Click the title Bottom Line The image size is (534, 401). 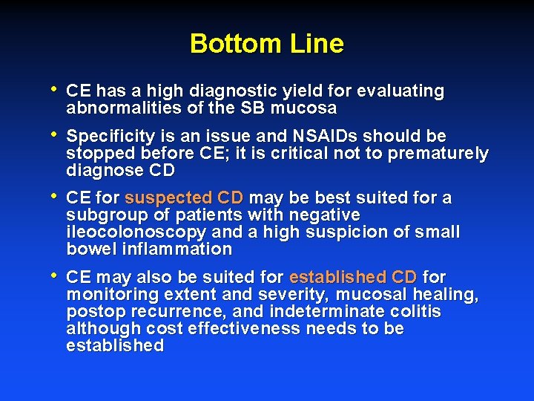[x=266, y=44]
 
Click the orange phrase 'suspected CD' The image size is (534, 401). [x=184, y=198]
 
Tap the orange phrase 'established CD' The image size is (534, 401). [x=353, y=278]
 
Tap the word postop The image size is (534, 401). [x=93, y=312]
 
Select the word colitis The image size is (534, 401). [x=416, y=312]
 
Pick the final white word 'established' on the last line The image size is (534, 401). [x=115, y=346]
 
